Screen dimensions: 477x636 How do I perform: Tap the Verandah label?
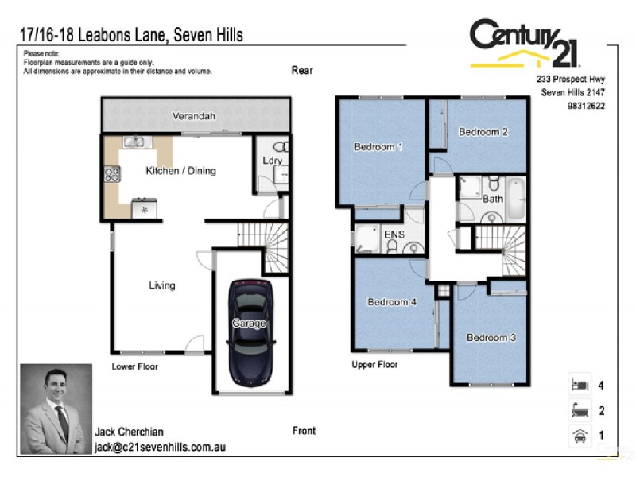[x=194, y=117]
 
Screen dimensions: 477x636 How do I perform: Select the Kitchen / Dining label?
[x=180, y=171]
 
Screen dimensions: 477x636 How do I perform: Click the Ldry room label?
[x=273, y=161]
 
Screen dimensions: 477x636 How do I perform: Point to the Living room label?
[x=162, y=285]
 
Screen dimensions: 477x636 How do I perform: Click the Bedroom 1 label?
[x=378, y=147]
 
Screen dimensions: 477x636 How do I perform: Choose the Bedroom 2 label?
[x=483, y=132]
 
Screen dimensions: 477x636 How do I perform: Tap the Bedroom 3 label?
[x=491, y=338]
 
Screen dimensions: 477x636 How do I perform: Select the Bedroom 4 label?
[x=392, y=302]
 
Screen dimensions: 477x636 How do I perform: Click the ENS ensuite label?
[x=393, y=235]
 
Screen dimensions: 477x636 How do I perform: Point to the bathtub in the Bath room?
[x=516, y=199]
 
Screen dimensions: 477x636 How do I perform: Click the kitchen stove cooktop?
[x=111, y=175]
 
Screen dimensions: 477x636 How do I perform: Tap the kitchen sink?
[x=133, y=143]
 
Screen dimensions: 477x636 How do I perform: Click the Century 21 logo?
[x=525, y=44]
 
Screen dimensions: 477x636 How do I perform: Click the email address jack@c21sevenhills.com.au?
[x=160, y=448]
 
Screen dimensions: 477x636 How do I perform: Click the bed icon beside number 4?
[x=579, y=385]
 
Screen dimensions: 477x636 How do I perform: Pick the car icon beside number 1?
[x=579, y=436]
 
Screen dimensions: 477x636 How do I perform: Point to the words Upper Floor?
[x=374, y=365]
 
